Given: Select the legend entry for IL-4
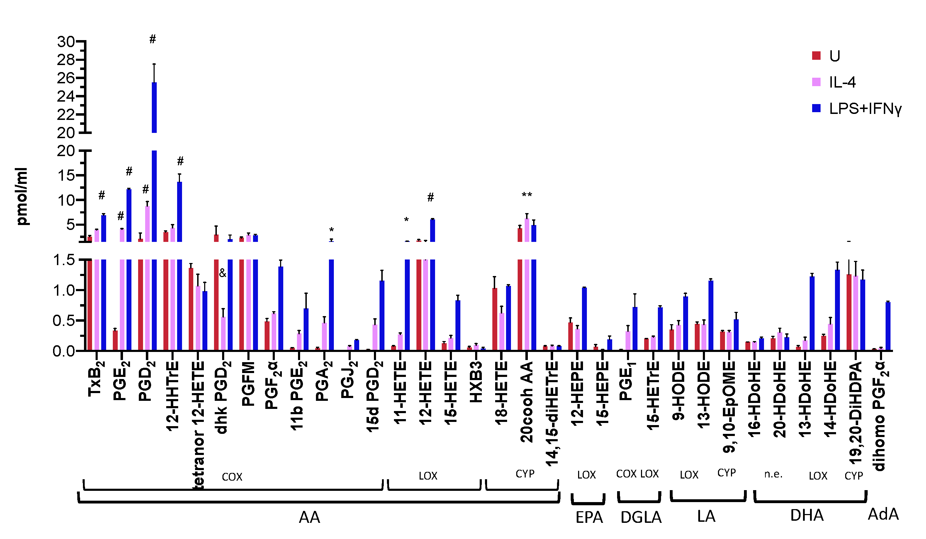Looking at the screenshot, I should click(842, 82).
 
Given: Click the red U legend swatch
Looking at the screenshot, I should click(816, 56).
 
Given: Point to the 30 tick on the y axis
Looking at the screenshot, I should click(66, 42).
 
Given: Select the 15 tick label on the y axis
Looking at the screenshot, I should click(66, 176).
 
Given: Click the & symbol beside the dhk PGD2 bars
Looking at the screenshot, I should click(223, 273).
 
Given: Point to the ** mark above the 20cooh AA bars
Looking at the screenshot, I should click(526, 195).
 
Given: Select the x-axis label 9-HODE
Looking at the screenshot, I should click(679, 391).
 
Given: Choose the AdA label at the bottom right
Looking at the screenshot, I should click(883, 514).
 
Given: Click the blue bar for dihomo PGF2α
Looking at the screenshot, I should click(888, 326).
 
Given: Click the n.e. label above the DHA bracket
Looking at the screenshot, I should click(773, 474).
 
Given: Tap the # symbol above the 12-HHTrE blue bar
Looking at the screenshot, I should click(180, 161).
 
